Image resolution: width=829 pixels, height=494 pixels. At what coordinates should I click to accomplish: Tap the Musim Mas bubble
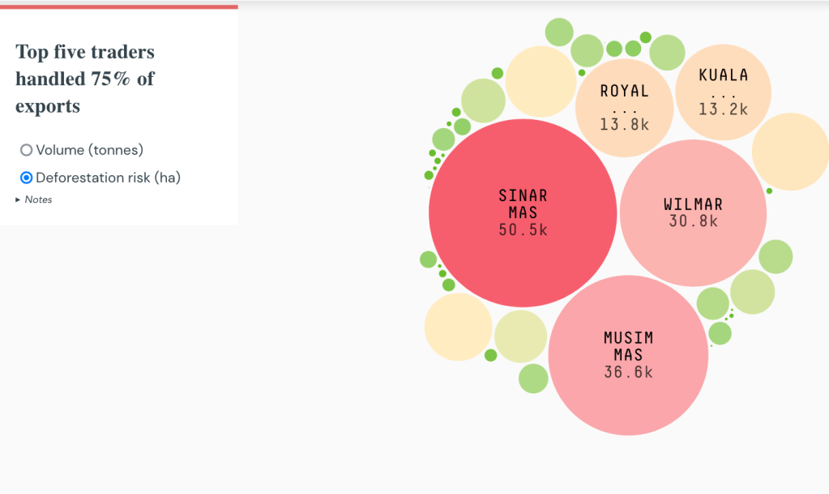[x=628, y=397]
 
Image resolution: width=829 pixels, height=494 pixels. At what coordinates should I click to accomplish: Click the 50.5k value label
[x=523, y=230]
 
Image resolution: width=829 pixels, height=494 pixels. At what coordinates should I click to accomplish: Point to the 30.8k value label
[x=693, y=221]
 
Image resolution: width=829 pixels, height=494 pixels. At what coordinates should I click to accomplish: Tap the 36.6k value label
[x=628, y=372]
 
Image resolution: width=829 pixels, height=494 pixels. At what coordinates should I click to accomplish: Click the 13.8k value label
[x=624, y=125]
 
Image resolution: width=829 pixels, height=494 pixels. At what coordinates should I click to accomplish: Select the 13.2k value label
[x=723, y=109]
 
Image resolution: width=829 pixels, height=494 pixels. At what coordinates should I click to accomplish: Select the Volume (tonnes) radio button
[x=27, y=150]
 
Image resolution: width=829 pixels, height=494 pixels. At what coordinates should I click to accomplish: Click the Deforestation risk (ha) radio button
[x=27, y=178]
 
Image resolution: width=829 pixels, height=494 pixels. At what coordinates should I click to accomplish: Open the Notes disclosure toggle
[x=19, y=200]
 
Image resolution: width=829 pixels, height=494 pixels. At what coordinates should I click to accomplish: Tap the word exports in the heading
[x=48, y=106]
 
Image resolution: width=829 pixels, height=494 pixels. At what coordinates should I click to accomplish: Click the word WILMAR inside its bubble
[x=693, y=204]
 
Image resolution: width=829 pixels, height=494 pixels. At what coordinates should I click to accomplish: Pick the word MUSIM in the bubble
[x=628, y=337]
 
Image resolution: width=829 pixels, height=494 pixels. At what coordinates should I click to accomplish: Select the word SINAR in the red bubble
[x=523, y=195]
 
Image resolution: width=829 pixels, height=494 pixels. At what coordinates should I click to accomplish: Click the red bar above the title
[x=119, y=6]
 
